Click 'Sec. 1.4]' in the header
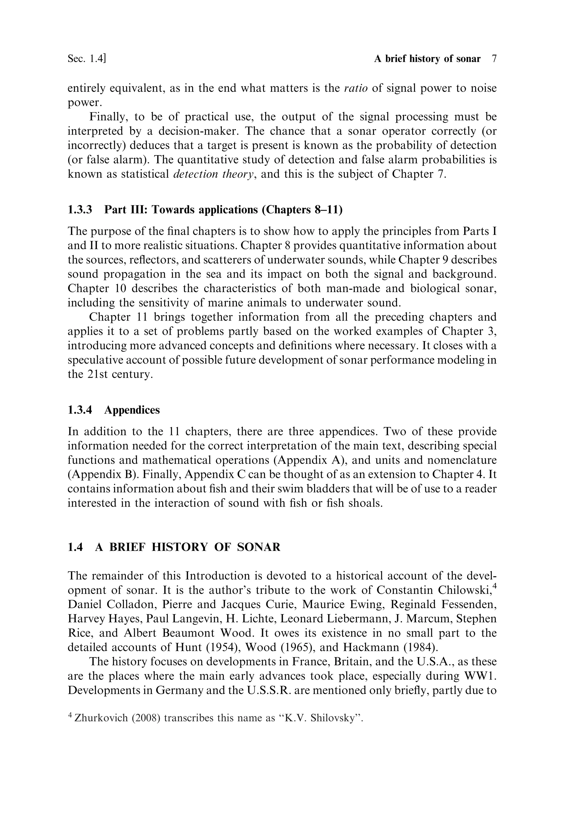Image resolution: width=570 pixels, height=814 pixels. coord(87,59)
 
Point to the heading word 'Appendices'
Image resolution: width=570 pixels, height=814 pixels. coord(132,410)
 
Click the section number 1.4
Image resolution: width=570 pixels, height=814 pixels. coord(75,547)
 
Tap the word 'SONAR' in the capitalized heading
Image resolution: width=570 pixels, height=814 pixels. coord(259,547)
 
